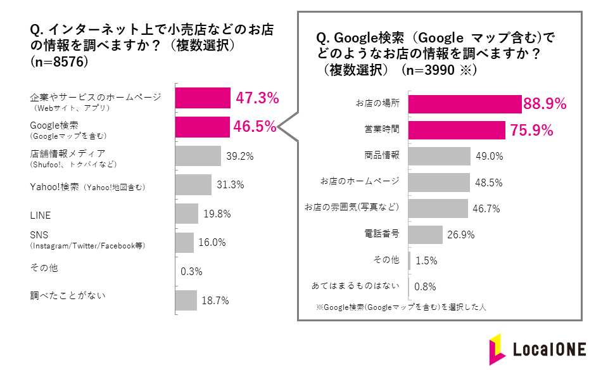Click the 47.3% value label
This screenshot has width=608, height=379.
[257, 98]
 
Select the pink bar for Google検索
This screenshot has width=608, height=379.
[202, 127]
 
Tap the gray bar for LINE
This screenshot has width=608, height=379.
[186, 214]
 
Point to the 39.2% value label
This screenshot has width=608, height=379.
[241, 156]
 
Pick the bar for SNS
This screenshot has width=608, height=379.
[184, 242]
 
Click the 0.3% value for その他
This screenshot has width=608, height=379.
[191, 271]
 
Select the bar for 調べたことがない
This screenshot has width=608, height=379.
[186, 300]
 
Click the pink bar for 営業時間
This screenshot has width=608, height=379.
[456, 130]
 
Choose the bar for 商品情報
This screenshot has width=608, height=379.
[439, 156]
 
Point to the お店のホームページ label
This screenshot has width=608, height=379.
[360, 181]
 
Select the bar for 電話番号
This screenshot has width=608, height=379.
[425, 234]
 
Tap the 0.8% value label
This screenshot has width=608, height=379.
[425, 286]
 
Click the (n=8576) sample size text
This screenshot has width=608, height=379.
[59, 62]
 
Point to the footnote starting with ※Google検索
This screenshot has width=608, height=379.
[400, 307]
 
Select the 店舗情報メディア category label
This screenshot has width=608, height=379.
[67, 153]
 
